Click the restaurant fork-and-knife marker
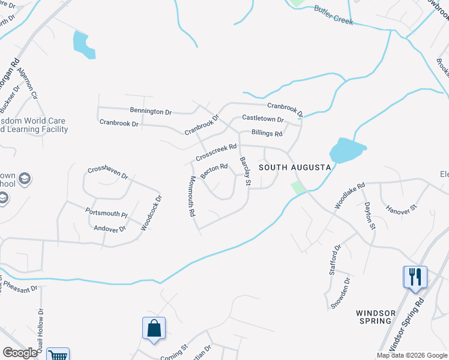tap(415, 277)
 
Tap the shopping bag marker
tap(154, 328)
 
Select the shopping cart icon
tap(58, 355)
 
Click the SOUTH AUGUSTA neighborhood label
tap(295, 168)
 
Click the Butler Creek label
tap(333, 16)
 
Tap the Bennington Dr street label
tap(151, 111)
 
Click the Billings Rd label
tap(267, 133)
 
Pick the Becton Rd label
tap(214, 171)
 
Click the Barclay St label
tap(244, 171)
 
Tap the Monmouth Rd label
tap(192, 196)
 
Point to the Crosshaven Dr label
tap(109, 173)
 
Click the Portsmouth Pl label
tap(107, 214)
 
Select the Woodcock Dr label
tap(151, 213)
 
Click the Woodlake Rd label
tap(349, 196)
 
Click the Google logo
tap(20, 353)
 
